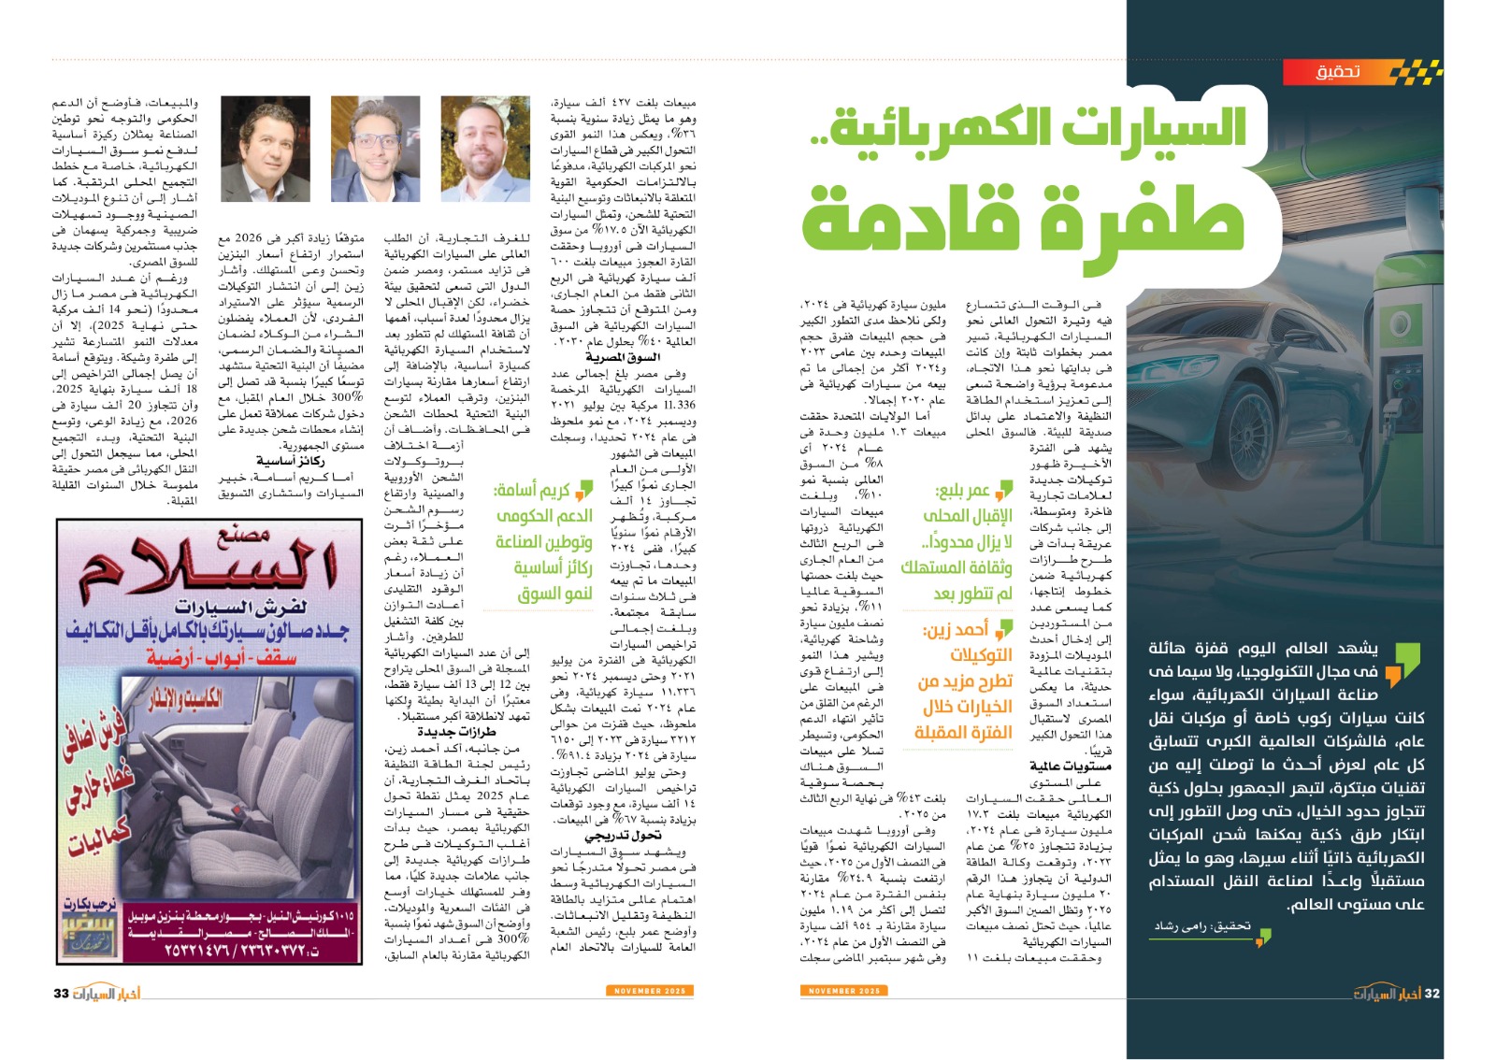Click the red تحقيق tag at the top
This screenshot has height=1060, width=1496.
click(1338, 72)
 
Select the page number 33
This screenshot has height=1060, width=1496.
click(62, 993)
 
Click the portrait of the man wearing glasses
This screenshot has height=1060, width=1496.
click(375, 149)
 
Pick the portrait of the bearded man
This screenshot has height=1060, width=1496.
click(485, 149)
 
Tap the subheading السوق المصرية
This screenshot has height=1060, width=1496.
click(622, 357)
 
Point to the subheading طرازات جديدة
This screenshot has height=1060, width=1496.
click(456, 732)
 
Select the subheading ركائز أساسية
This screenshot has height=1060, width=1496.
click(291, 461)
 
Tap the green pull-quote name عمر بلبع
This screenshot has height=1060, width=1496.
click(963, 492)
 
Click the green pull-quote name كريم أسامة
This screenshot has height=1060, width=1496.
click(532, 490)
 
